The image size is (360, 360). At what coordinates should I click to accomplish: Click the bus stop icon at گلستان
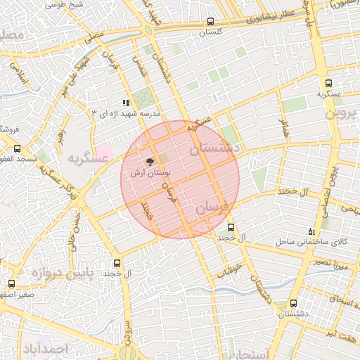212,22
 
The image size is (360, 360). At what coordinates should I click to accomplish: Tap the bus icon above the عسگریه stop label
328,83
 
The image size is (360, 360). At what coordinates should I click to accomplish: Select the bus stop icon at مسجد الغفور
18,148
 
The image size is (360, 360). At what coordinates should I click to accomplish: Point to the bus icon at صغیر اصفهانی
11,284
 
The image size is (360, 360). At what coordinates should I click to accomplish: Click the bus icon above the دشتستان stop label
293,303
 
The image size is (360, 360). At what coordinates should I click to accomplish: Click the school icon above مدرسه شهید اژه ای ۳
127,103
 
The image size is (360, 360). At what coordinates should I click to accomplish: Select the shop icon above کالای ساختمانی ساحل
312,231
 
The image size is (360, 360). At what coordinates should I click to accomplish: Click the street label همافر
284,128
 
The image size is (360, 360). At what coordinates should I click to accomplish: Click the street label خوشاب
229,269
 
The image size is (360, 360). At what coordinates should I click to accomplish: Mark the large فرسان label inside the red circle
212,208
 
